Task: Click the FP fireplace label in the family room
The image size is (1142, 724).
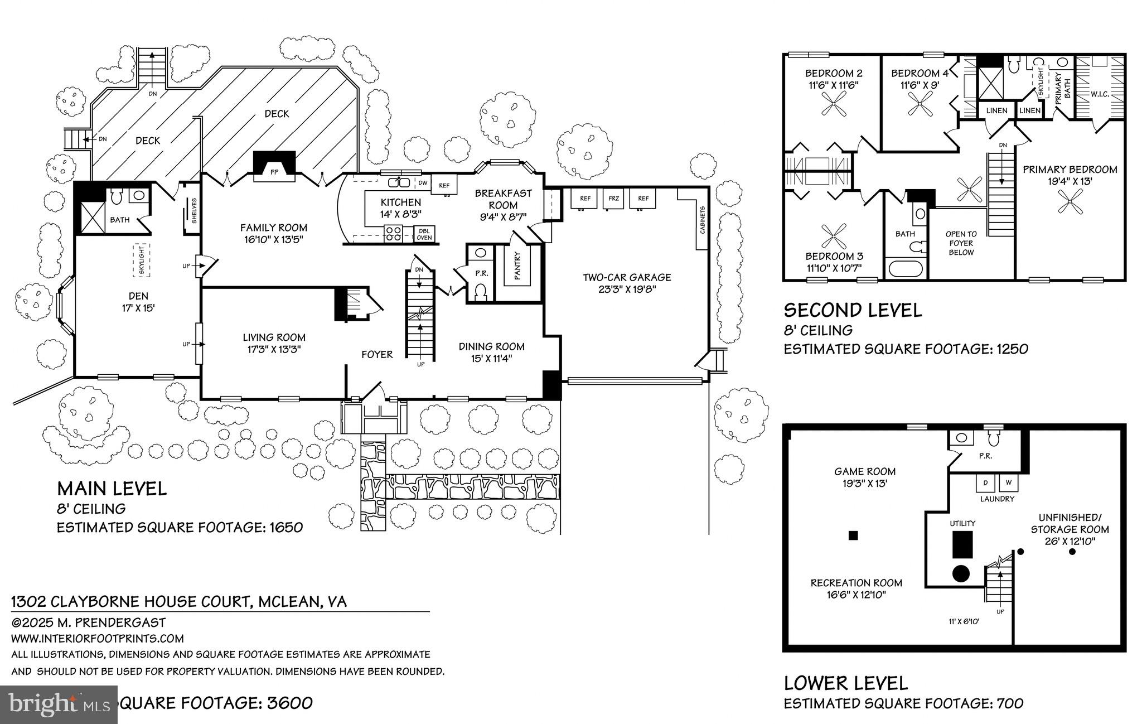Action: tap(274, 172)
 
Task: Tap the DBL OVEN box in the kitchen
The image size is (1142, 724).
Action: tap(424, 234)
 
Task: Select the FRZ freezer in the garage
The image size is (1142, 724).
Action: tap(614, 199)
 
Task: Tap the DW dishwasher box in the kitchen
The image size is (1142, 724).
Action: tap(423, 183)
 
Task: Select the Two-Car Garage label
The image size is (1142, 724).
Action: tap(627, 283)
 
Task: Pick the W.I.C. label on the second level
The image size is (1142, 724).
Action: tap(1100, 94)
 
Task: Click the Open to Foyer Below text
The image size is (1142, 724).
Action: tap(961, 243)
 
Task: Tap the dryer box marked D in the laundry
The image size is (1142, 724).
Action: tap(985, 482)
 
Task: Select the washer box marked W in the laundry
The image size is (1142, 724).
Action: tap(1008, 482)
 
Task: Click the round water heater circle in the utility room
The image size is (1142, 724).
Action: tap(960, 573)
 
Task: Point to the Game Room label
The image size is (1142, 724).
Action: tap(865, 477)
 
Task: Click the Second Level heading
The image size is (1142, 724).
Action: tap(853, 310)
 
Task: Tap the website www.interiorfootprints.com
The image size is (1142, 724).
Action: tap(98, 639)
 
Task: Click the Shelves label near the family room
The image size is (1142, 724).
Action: tap(193, 211)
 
